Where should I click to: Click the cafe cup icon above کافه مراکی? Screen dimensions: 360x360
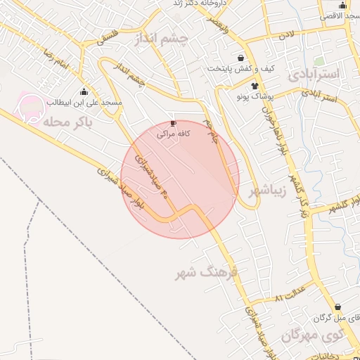pyautogui.click(x=174, y=122)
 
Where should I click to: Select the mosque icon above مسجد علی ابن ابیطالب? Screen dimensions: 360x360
pyautogui.click(x=84, y=91)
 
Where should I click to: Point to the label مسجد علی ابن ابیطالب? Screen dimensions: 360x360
pyautogui.click(x=84, y=103)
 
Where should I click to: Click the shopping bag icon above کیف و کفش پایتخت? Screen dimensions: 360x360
pyautogui.click(x=241, y=58)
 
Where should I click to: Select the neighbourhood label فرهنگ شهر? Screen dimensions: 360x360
pyautogui.click(x=208, y=273)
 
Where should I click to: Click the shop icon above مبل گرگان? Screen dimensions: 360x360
pyautogui.click(x=340, y=307)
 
